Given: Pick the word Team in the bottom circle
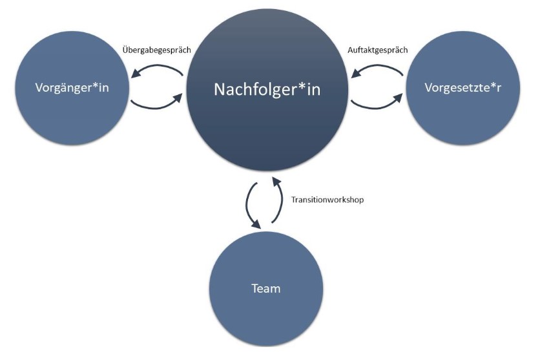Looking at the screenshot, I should [x=266, y=288].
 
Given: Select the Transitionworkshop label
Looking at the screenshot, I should [x=327, y=200].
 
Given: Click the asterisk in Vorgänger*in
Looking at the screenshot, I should [x=94, y=85].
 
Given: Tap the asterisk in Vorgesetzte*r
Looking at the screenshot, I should [x=491, y=85].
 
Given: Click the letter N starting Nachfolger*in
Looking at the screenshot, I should [x=220, y=90].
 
